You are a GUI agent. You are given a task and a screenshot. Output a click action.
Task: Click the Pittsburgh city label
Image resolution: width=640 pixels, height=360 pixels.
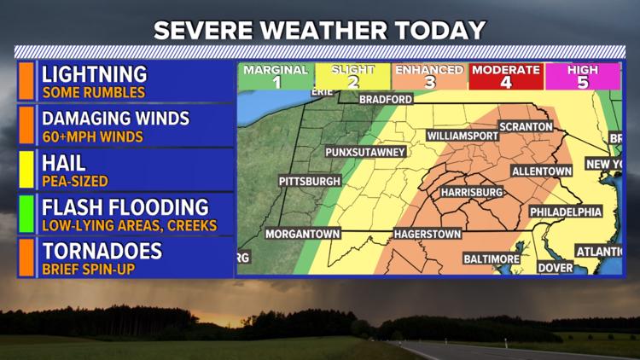click(310, 182)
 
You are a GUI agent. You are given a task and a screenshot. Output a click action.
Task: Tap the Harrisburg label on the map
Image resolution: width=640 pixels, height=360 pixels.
click(472, 193)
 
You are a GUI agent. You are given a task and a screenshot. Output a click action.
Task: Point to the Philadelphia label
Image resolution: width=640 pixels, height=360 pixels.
click(566, 212)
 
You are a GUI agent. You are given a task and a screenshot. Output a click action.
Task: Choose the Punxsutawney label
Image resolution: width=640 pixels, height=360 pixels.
click(364, 153)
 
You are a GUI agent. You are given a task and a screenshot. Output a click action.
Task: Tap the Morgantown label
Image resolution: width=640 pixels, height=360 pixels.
click(303, 233)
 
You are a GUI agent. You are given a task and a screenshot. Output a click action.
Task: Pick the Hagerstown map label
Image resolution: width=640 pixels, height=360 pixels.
click(427, 234)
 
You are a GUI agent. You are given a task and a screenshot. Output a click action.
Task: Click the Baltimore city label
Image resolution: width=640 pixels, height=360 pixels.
click(492, 258)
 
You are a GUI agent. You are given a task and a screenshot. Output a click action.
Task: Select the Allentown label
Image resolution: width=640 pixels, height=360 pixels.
click(540, 171)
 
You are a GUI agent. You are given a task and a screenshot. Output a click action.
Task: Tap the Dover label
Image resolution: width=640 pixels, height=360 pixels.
click(555, 267)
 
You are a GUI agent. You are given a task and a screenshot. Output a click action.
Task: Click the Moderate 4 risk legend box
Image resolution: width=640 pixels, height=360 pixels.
click(505, 77)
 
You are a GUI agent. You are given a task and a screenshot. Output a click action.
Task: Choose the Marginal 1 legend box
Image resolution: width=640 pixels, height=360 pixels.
click(276, 77)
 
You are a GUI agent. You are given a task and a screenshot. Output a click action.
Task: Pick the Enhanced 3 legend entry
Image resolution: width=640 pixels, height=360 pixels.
click(430, 77)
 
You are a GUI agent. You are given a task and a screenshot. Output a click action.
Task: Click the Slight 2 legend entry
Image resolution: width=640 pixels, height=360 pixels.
click(352, 77)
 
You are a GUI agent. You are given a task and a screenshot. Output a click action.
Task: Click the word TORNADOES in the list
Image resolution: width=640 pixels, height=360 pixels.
click(102, 252)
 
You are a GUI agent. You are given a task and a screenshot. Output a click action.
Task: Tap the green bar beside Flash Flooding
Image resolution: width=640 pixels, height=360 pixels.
click(27, 213)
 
